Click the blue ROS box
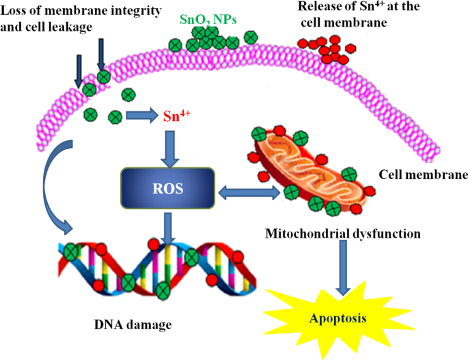(x=171, y=188)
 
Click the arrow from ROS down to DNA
(x=170, y=225)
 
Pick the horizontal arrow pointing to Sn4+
(x=141, y=116)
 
